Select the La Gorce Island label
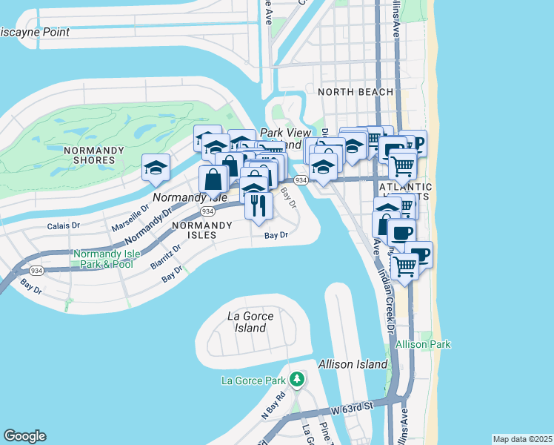coord(250,322)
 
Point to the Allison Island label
coord(353,364)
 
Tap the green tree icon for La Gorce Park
coord(297,380)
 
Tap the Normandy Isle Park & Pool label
coord(104,259)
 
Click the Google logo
coord(24,436)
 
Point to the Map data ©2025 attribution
coord(522,439)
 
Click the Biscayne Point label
coord(35,33)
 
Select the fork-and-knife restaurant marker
coord(258,205)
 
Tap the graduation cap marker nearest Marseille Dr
coord(156,168)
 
